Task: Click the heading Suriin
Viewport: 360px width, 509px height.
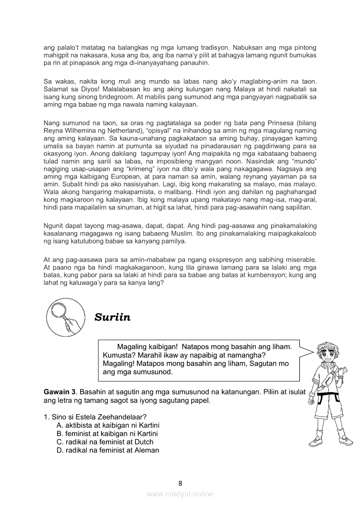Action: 112,317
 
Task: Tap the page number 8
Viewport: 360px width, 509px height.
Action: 180,483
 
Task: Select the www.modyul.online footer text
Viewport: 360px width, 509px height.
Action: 180,494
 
